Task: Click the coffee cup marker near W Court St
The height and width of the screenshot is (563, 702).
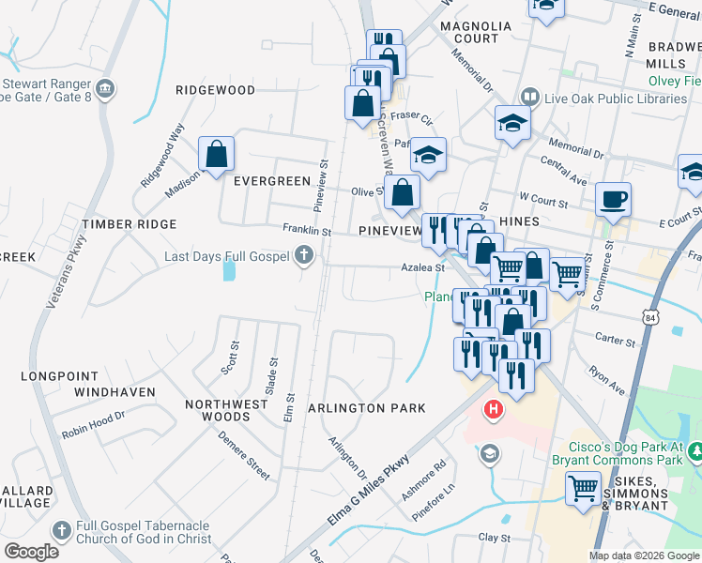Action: [x=613, y=199]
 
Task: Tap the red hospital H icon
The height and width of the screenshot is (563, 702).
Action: [x=493, y=410]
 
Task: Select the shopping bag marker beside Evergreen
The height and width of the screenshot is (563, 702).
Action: [x=217, y=154]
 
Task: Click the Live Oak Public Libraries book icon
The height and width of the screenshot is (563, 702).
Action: [x=530, y=99]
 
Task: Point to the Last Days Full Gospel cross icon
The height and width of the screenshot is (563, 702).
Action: [x=303, y=255]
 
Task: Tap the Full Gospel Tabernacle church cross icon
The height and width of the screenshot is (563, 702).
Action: [x=62, y=530]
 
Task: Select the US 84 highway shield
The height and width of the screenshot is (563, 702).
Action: [x=679, y=316]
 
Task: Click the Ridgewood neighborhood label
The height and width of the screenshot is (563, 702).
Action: [x=216, y=90]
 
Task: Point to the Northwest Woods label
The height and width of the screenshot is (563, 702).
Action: [x=218, y=410]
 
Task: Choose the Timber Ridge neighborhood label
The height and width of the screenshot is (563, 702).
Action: [x=129, y=224]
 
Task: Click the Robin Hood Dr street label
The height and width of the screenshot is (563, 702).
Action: [x=94, y=423]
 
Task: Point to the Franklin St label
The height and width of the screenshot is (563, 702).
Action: [x=307, y=229]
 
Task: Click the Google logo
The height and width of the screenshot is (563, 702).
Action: [x=30, y=552]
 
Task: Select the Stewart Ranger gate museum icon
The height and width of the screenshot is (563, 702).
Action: [x=105, y=89]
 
